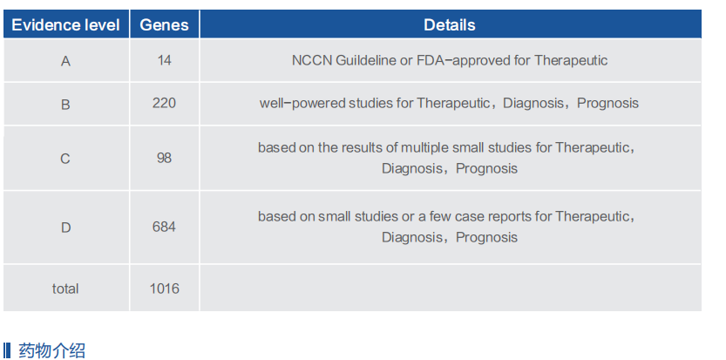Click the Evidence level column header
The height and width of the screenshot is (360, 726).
[x=65, y=25]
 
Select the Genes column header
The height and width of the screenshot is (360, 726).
[x=165, y=25]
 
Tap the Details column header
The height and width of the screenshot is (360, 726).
[x=450, y=25]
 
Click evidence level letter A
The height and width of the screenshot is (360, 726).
[x=65, y=61]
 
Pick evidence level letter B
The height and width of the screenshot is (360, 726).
[x=65, y=104]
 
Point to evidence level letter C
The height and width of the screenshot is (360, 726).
[x=65, y=159]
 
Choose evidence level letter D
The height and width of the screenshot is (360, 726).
[x=65, y=228]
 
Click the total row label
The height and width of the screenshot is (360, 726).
[x=65, y=289]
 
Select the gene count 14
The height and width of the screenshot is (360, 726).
[x=165, y=60]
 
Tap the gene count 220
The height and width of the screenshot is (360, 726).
[x=165, y=102]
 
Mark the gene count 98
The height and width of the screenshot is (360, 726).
[x=165, y=158]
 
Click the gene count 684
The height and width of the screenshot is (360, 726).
[x=165, y=227]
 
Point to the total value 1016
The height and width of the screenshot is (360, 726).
[x=165, y=289]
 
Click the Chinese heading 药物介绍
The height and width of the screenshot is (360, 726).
[x=51, y=350]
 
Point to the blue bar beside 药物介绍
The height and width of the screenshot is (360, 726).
[x=6, y=350]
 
